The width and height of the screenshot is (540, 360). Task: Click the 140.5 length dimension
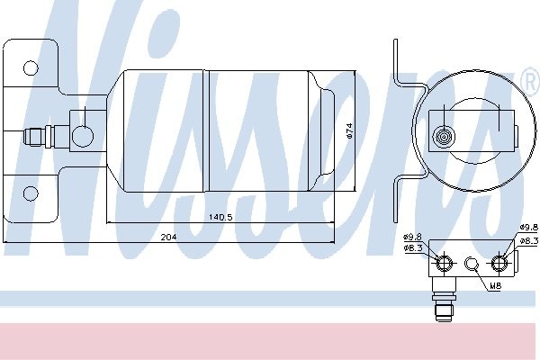point(220,217)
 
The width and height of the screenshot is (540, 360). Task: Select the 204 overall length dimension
point(169,237)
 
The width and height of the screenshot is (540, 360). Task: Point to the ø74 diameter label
point(349,130)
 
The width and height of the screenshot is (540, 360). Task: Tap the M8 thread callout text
point(495,285)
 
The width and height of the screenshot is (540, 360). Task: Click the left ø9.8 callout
point(412,237)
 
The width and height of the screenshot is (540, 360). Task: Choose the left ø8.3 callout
point(413,248)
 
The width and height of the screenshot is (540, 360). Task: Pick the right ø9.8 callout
point(529,227)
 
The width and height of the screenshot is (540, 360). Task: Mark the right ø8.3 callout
point(529,241)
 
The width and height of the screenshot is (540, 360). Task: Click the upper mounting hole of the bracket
point(31,67)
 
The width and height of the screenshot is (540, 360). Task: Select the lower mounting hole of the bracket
point(31,193)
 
